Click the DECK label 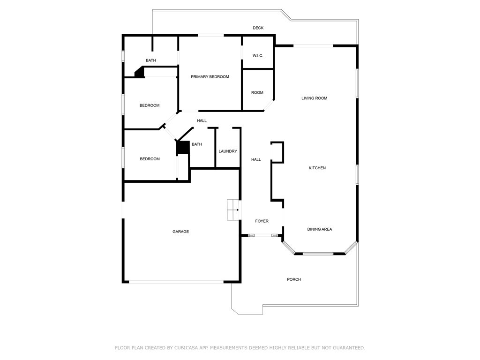(258, 28)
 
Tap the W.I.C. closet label (258, 56)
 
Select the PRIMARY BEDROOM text (210, 77)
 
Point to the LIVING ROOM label (315, 98)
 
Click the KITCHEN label (317, 168)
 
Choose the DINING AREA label (320, 229)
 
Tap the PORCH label (294, 279)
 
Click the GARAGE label (180, 232)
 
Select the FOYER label (262, 221)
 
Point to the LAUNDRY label (228, 151)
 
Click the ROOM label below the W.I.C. (257, 93)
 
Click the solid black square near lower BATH (183, 148)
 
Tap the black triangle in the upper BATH (140, 73)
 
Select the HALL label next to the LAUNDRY (256, 159)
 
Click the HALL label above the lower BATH (202, 121)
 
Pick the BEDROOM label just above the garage (150, 159)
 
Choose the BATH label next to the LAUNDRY (197, 144)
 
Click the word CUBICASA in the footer (186, 348)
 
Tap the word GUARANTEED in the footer (349, 348)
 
